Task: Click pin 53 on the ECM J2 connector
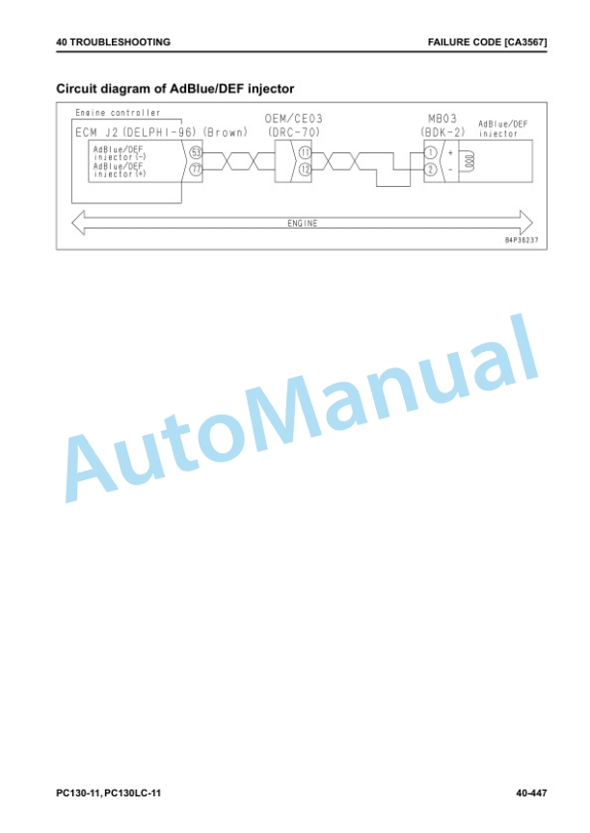coord(196,152)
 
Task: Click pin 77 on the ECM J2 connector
coord(196,170)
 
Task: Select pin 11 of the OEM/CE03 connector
coord(305,152)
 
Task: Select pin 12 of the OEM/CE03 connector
coord(305,170)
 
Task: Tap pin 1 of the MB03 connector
coord(431,152)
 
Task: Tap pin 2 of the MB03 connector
coord(431,170)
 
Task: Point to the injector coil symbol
coord(469,161)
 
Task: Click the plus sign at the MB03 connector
coord(450,152)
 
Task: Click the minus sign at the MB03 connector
coord(450,170)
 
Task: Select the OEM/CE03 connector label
coord(294,119)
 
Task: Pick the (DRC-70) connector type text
coord(294,132)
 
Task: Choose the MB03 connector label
coord(442,119)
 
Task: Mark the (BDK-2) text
coord(442,132)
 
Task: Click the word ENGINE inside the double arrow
coord(302,223)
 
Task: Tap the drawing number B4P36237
coord(521,240)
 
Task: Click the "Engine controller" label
coord(118,113)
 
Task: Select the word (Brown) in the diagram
coord(226,132)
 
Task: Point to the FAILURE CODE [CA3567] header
coord(487,42)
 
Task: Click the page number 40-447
coord(531,793)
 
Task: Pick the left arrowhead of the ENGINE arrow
coord(79,223)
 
